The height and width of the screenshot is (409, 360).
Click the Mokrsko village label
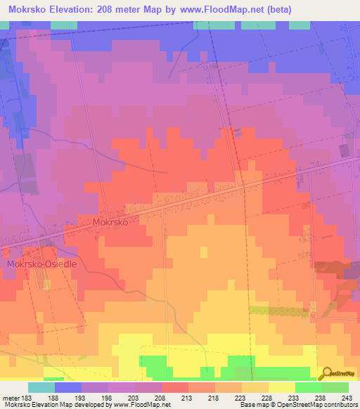point(110,221)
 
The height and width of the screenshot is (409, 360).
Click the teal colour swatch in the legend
point(41,387)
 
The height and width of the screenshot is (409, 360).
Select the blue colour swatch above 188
point(68,387)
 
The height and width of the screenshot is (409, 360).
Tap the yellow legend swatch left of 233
point(282,387)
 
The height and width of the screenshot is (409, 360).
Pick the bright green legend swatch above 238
point(309,387)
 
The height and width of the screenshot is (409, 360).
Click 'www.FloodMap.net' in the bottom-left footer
point(138,405)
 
